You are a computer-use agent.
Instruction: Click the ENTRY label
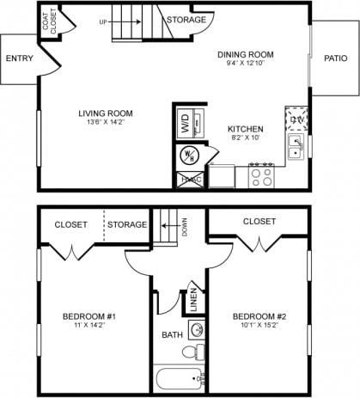[x=18, y=58]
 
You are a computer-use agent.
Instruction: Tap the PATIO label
[x=336, y=58]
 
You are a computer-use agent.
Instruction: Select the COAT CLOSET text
[x=50, y=21]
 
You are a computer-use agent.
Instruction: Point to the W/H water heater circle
[x=189, y=155]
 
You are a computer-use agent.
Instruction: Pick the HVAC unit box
[x=189, y=179]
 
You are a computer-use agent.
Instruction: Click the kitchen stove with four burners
[x=261, y=176]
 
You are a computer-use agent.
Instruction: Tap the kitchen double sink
[x=296, y=146]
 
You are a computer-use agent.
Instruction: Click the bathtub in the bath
[x=179, y=378]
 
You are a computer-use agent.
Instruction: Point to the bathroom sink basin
[x=196, y=329]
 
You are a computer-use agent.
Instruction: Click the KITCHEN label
[x=246, y=129]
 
